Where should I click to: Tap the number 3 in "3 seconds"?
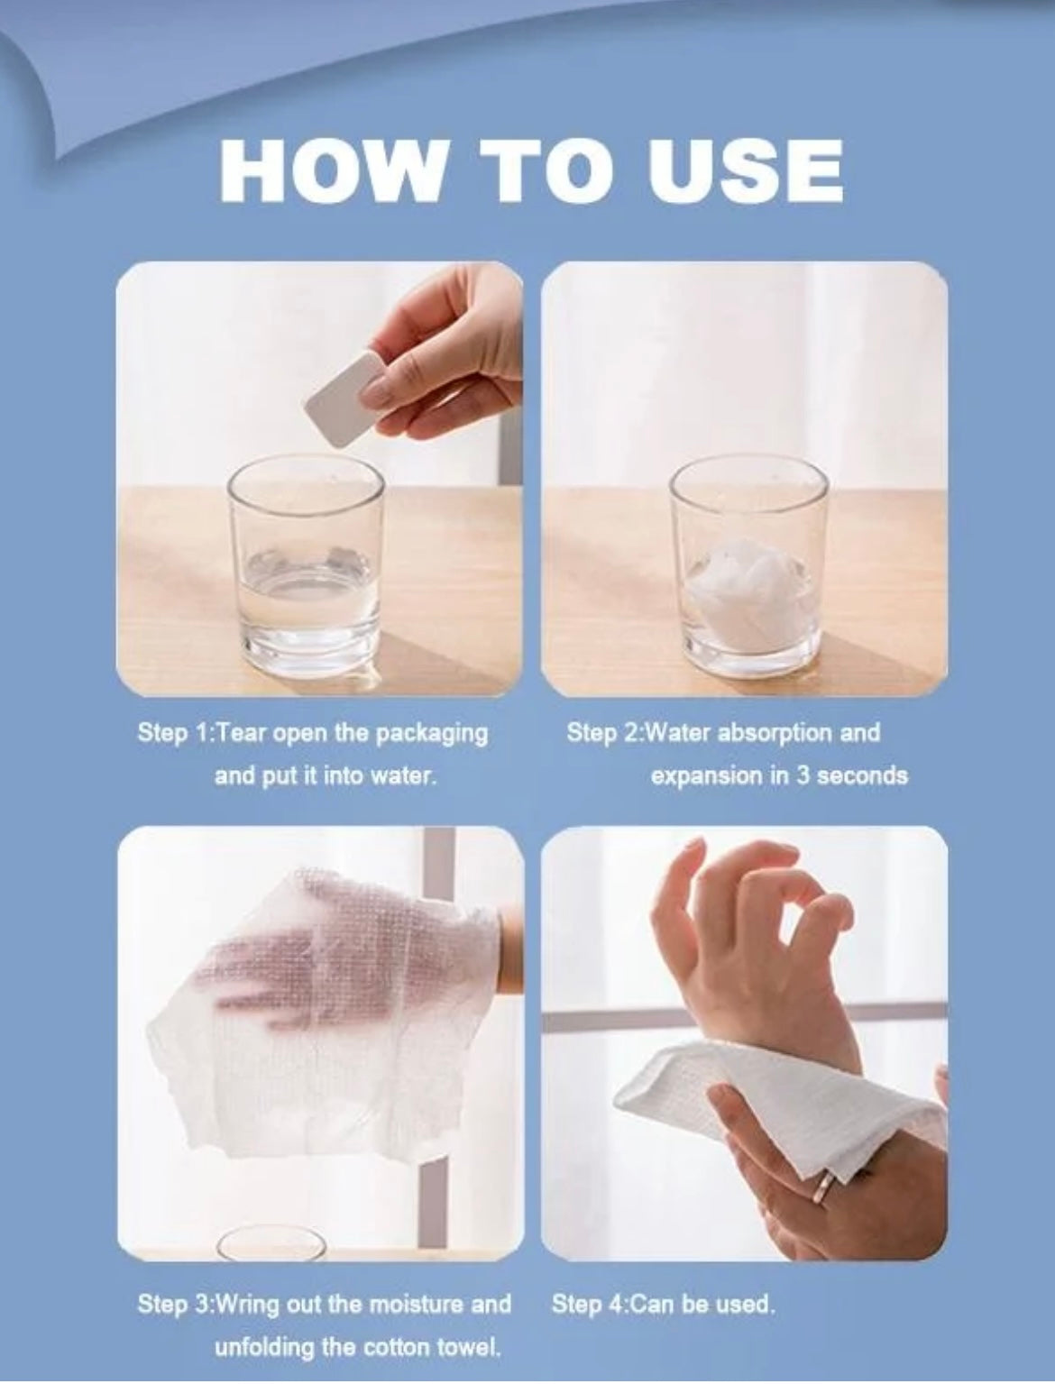[802, 775]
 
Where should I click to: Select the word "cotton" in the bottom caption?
[389, 1345]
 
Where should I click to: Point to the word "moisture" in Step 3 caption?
[417, 1303]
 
